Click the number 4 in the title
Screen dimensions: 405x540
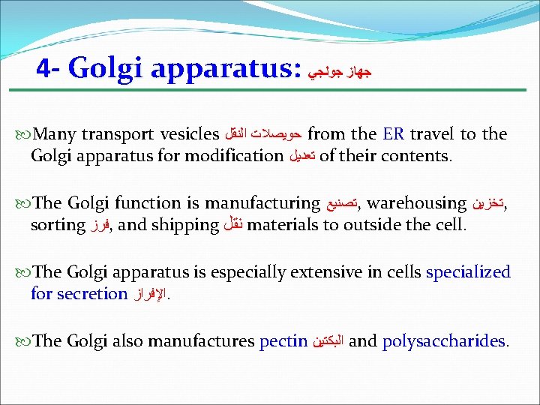(43, 69)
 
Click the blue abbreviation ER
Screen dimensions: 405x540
(393, 135)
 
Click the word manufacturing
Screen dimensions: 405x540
(262, 203)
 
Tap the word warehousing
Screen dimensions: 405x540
(416, 203)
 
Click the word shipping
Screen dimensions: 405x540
(184, 225)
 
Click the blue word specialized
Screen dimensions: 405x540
(468, 272)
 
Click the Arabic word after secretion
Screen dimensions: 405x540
(151, 295)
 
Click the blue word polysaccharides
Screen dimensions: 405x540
(444, 342)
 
